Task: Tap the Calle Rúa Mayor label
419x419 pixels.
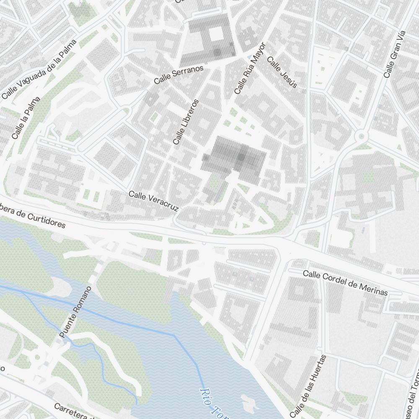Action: (x=250, y=68)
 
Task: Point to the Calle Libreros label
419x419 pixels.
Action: (x=186, y=122)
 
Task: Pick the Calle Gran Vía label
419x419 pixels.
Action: (x=395, y=54)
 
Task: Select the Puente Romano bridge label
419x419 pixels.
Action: (x=75, y=313)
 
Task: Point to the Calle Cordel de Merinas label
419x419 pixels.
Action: (x=345, y=283)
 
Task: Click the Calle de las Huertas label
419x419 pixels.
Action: (x=308, y=386)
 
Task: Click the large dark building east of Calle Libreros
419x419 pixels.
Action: (x=235, y=159)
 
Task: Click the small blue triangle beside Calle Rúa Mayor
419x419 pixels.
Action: (x=250, y=56)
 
